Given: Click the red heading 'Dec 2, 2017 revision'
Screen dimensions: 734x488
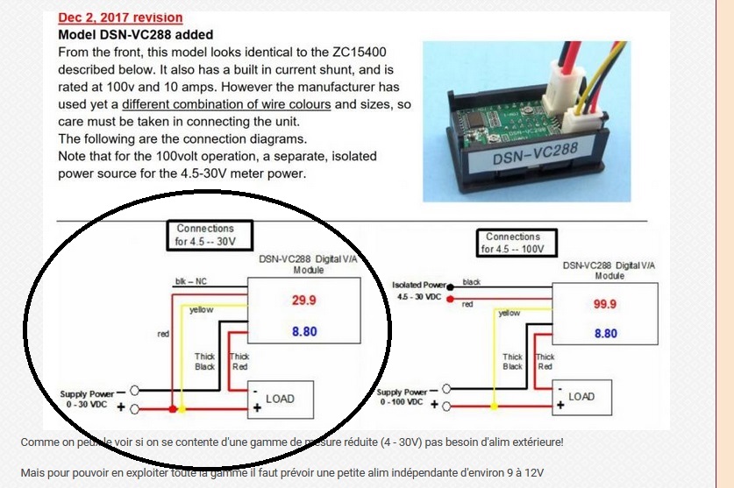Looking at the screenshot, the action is (x=120, y=18).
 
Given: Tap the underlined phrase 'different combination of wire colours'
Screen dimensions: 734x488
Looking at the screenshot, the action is (x=226, y=104).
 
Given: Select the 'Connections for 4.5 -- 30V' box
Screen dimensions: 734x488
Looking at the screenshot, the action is (x=205, y=235).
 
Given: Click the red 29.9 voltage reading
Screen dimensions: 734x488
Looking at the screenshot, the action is (x=303, y=301).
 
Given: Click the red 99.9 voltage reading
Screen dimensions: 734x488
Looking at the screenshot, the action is (x=605, y=304).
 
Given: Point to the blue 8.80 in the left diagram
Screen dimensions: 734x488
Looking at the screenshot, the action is (x=303, y=331).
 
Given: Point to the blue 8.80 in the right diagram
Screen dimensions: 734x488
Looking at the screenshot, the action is (x=605, y=334).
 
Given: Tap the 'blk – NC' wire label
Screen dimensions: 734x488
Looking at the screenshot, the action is (x=191, y=282).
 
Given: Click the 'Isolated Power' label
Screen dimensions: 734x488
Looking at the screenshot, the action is (x=420, y=285).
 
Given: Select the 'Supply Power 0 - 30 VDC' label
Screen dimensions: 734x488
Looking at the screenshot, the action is (x=87, y=400).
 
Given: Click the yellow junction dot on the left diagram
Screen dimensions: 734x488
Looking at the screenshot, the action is (x=182, y=409).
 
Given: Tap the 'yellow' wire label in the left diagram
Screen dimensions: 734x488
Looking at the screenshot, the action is (x=202, y=309).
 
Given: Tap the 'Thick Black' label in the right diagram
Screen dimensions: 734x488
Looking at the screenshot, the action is (x=513, y=362).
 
